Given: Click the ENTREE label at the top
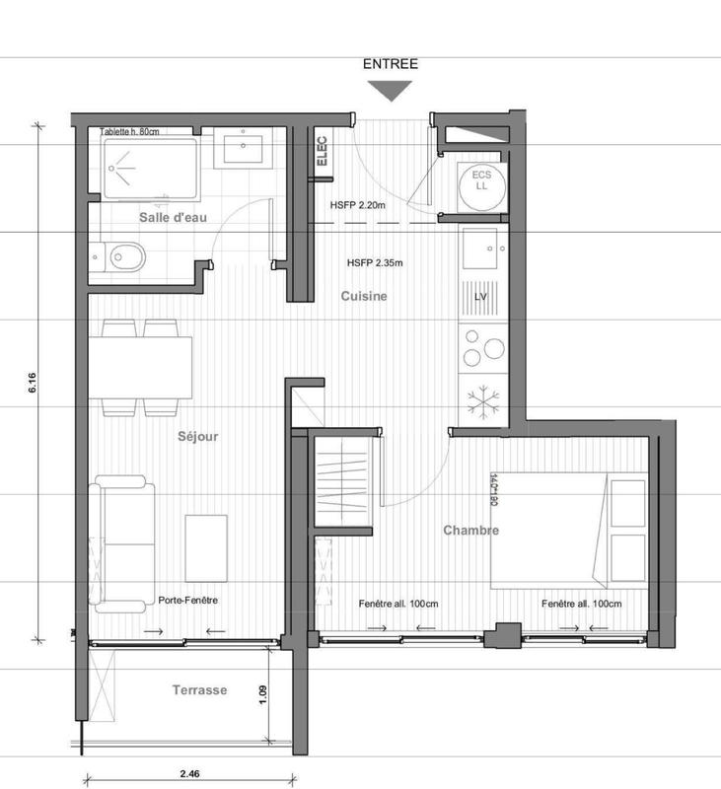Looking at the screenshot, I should coord(392,64).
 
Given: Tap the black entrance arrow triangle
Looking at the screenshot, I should coord(392,90).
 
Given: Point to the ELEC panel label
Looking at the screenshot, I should coord(322,154).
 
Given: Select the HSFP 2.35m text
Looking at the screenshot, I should coord(376,263).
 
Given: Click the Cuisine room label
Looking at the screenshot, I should coord(364,296).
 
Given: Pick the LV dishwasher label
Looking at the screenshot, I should coord(482,296).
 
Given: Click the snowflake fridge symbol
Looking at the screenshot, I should coord(482,399).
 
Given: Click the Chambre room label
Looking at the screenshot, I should coord(470,531).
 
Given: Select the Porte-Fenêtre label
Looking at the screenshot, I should coord(187,601).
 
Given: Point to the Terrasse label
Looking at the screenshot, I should coord(200,690).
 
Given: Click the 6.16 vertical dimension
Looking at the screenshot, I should coord(33,384).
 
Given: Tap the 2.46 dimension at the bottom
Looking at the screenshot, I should coord(187,776).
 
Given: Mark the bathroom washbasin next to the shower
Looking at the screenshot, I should coord(242,150).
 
